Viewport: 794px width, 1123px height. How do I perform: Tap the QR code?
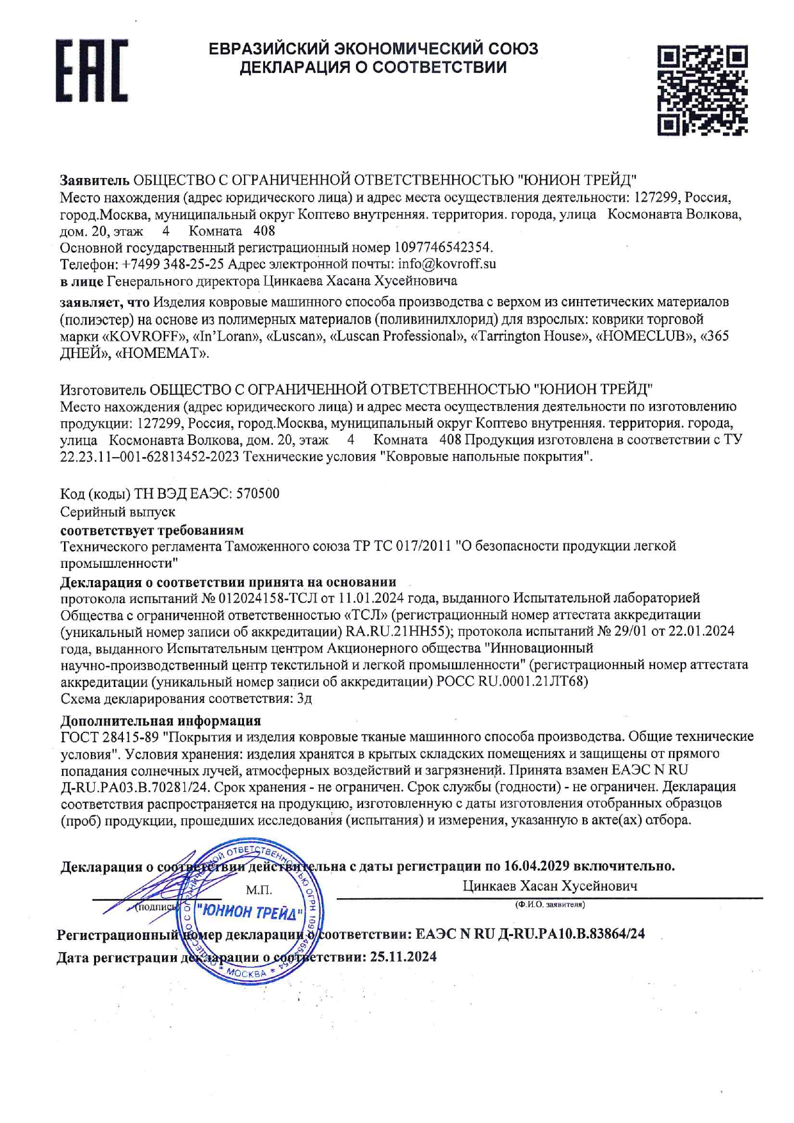coord(702,90)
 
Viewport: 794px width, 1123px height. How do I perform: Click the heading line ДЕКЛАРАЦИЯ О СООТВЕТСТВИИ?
coord(373,67)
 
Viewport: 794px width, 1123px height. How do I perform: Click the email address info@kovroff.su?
coord(447,264)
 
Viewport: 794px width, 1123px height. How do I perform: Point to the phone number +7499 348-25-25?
coord(172,264)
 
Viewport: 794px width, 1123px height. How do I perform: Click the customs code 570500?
coord(258,494)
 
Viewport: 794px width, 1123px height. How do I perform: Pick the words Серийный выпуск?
coord(117,512)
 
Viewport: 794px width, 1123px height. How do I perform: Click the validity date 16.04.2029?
coord(537,866)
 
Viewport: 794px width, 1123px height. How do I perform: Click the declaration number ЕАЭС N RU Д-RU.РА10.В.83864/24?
coord(530,934)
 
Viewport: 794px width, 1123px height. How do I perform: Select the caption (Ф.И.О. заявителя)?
coord(549,905)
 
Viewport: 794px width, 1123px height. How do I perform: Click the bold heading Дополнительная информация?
coord(160,721)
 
